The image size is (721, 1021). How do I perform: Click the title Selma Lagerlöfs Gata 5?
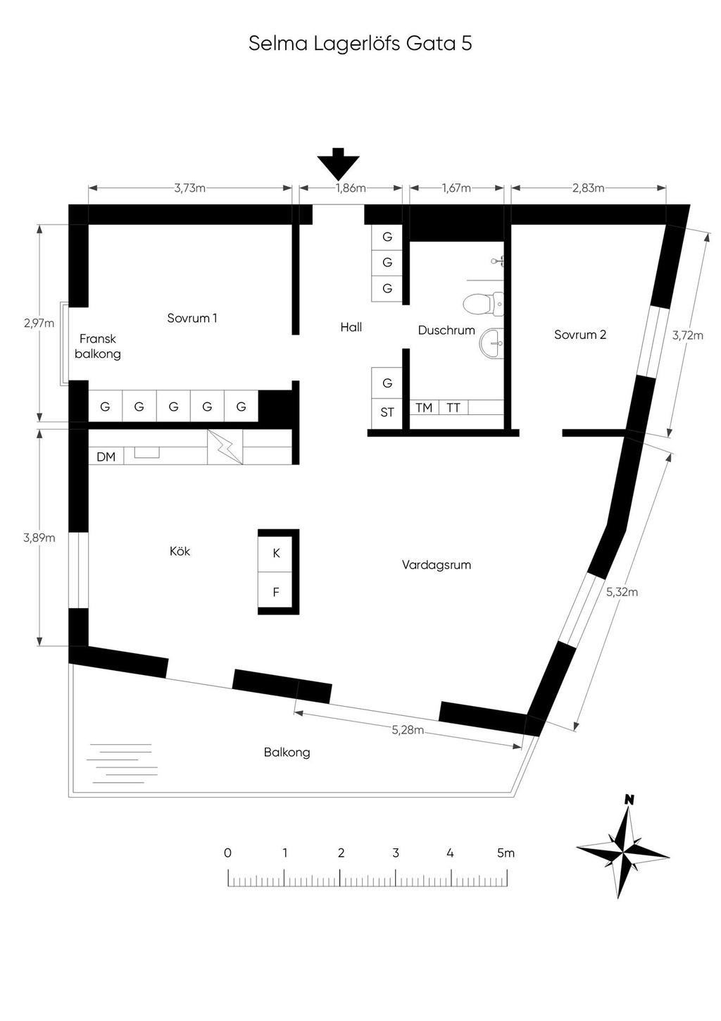pos(360,44)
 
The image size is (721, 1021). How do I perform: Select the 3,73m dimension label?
pos(189,188)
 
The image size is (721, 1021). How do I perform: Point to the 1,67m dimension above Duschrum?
pos(456,188)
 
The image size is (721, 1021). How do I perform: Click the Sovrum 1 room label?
pos(192,318)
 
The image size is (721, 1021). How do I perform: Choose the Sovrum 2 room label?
pos(579,335)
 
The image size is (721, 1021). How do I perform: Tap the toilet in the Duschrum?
pos(483,304)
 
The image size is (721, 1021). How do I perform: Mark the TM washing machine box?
pos(424,408)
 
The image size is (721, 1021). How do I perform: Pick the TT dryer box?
pos(453,408)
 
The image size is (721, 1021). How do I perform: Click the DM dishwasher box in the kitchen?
pos(106,457)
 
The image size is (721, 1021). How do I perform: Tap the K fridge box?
pos(276,554)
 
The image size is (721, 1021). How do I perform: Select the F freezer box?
pos(276,593)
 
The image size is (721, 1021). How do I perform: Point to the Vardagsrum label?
pos(437,565)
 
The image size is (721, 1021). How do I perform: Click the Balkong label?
pos(287,753)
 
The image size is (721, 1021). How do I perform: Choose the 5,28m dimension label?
pos(408,730)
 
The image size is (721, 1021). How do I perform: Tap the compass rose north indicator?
pos(629,800)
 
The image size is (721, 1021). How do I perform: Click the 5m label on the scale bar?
pos(506,853)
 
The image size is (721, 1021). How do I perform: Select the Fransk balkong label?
pos(98,347)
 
